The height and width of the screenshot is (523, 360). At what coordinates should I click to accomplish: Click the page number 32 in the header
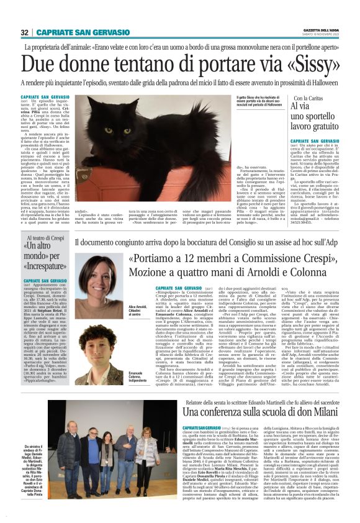coord(25,32)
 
